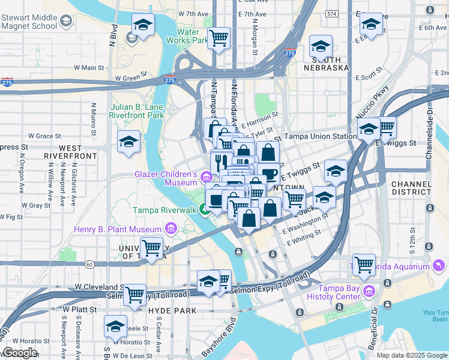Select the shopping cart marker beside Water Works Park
(x=219, y=39)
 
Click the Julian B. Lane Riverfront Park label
(x=136, y=111)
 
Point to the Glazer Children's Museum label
(x=165, y=178)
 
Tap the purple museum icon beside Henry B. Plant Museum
(x=170, y=229)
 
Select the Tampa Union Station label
(x=319, y=136)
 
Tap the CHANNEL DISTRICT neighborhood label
(x=411, y=188)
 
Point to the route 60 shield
(x=89, y=264)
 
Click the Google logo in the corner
(x=20, y=353)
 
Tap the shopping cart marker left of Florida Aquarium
(x=364, y=264)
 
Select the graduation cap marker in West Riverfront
(x=128, y=142)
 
